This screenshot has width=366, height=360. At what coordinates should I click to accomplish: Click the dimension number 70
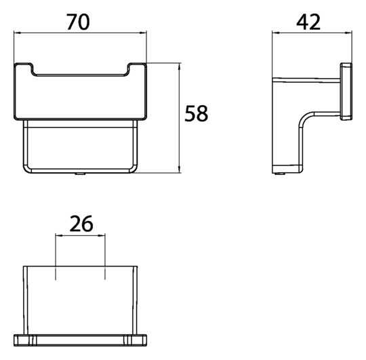click(x=78, y=22)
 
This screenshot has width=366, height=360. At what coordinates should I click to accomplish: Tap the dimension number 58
click(x=196, y=113)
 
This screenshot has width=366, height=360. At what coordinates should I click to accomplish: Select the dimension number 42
click(x=308, y=22)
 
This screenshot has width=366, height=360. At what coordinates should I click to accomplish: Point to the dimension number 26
click(x=81, y=224)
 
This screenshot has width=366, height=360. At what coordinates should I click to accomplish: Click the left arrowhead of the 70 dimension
click(x=17, y=33)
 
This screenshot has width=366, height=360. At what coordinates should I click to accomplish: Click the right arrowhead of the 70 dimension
click(x=143, y=33)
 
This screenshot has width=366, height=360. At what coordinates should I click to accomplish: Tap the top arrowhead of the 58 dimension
click(x=179, y=66)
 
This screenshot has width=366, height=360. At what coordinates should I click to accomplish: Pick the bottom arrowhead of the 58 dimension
click(x=179, y=169)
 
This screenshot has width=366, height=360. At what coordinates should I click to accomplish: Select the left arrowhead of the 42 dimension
click(x=276, y=33)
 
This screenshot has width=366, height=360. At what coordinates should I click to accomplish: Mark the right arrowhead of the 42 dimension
click(x=349, y=33)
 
